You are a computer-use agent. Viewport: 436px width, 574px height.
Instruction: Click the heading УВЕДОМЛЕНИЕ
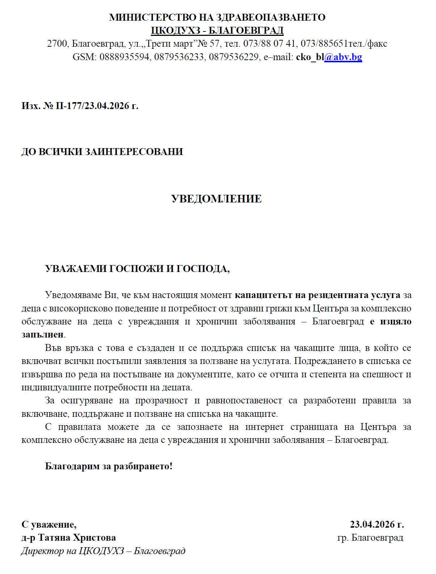click(216, 199)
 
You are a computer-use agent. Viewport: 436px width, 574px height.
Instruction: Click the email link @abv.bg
click(343, 57)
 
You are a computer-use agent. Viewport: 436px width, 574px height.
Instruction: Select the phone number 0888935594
click(124, 57)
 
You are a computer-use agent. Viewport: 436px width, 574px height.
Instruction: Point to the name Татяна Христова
click(77, 537)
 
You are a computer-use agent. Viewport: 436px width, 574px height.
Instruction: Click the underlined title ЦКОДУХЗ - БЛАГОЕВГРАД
click(217, 30)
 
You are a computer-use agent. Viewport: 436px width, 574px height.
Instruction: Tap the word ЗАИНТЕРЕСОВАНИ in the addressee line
click(134, 151)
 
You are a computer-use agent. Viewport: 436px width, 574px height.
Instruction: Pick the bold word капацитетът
click(263, 295)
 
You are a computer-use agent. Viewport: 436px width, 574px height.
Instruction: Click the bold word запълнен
click(42, 335)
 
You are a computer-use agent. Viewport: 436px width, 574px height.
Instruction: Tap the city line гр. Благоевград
click(370, 537)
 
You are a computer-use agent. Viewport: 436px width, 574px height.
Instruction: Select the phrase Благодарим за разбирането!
click(109, 466)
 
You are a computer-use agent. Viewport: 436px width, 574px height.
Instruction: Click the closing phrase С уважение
click(48, 524)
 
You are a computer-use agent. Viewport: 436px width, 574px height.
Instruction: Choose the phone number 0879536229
click(233, 57)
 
